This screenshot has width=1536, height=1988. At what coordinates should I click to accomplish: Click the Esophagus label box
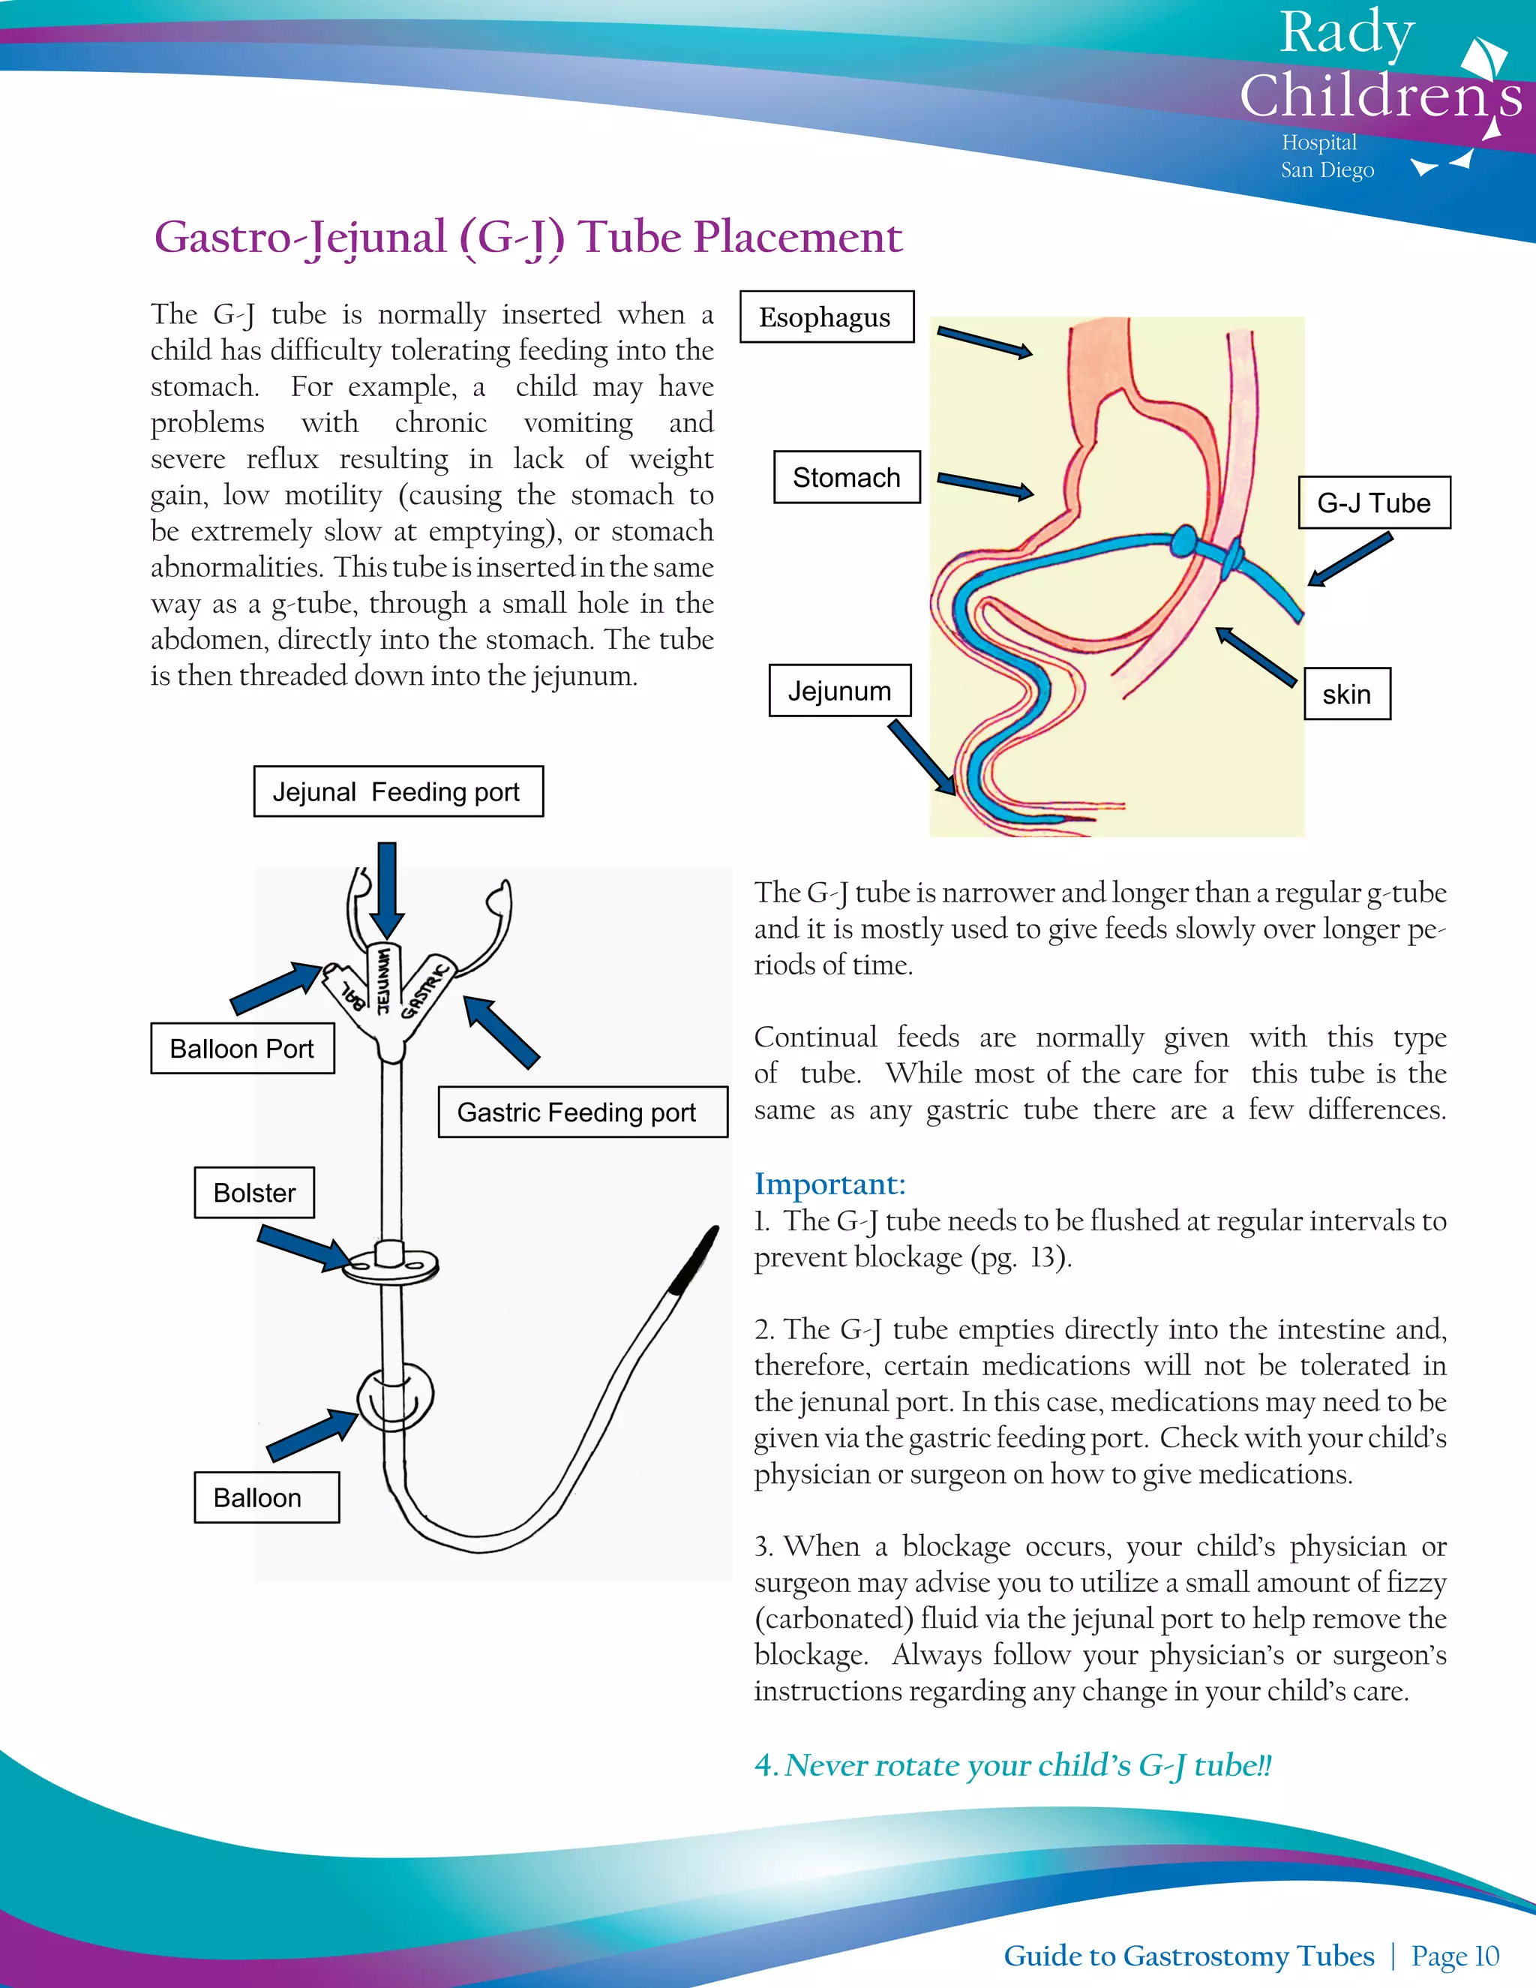[826, 317]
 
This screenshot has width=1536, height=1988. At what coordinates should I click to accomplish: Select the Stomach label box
[846, 477]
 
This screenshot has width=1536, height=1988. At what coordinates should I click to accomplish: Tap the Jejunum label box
[839, 691]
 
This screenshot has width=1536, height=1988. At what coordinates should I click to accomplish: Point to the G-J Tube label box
[1373, 503]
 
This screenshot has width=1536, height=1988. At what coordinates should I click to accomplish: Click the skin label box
[1347, 695]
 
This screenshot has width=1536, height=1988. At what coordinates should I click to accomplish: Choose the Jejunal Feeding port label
[397, 792]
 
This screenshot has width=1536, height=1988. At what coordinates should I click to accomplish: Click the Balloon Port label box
[242, 1049]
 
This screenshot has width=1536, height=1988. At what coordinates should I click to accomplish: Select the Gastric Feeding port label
[582, 1113]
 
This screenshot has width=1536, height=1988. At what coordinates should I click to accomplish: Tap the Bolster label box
[254, 1193]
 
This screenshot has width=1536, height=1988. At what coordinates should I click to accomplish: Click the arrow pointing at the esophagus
[985, 342]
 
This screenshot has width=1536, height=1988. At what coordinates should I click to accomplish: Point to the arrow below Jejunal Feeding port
[387, 888]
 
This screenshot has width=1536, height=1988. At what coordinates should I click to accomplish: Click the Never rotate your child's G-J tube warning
[1012, 1765]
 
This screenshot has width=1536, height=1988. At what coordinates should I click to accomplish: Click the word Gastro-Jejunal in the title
[300, 238]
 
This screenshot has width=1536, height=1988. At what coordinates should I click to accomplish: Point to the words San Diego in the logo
[1327, 170]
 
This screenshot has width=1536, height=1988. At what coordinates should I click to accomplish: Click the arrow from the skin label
[1255, 656]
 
